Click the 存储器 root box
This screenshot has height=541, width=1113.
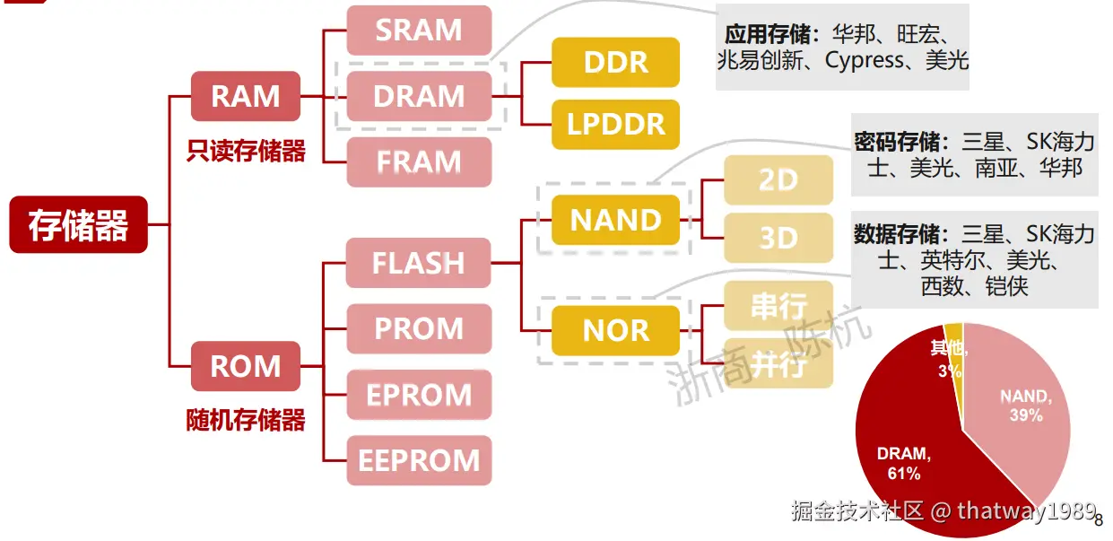79,225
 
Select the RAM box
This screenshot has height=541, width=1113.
246,96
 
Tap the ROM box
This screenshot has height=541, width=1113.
246,366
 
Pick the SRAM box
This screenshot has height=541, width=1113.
419,30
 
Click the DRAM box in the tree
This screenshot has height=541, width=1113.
419,96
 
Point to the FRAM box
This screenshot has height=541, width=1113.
419,162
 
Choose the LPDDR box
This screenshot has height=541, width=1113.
615,125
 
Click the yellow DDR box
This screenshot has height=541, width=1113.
615,62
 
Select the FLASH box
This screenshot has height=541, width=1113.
418,263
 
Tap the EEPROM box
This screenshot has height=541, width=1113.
419,460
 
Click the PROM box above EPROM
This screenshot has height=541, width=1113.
419,328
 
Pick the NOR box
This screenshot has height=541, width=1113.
615,331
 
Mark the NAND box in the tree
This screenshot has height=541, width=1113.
615,220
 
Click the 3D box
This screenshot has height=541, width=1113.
778,238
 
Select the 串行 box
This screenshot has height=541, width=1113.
778,305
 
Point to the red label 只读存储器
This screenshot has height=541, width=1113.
246,151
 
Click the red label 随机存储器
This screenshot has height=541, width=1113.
246,420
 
